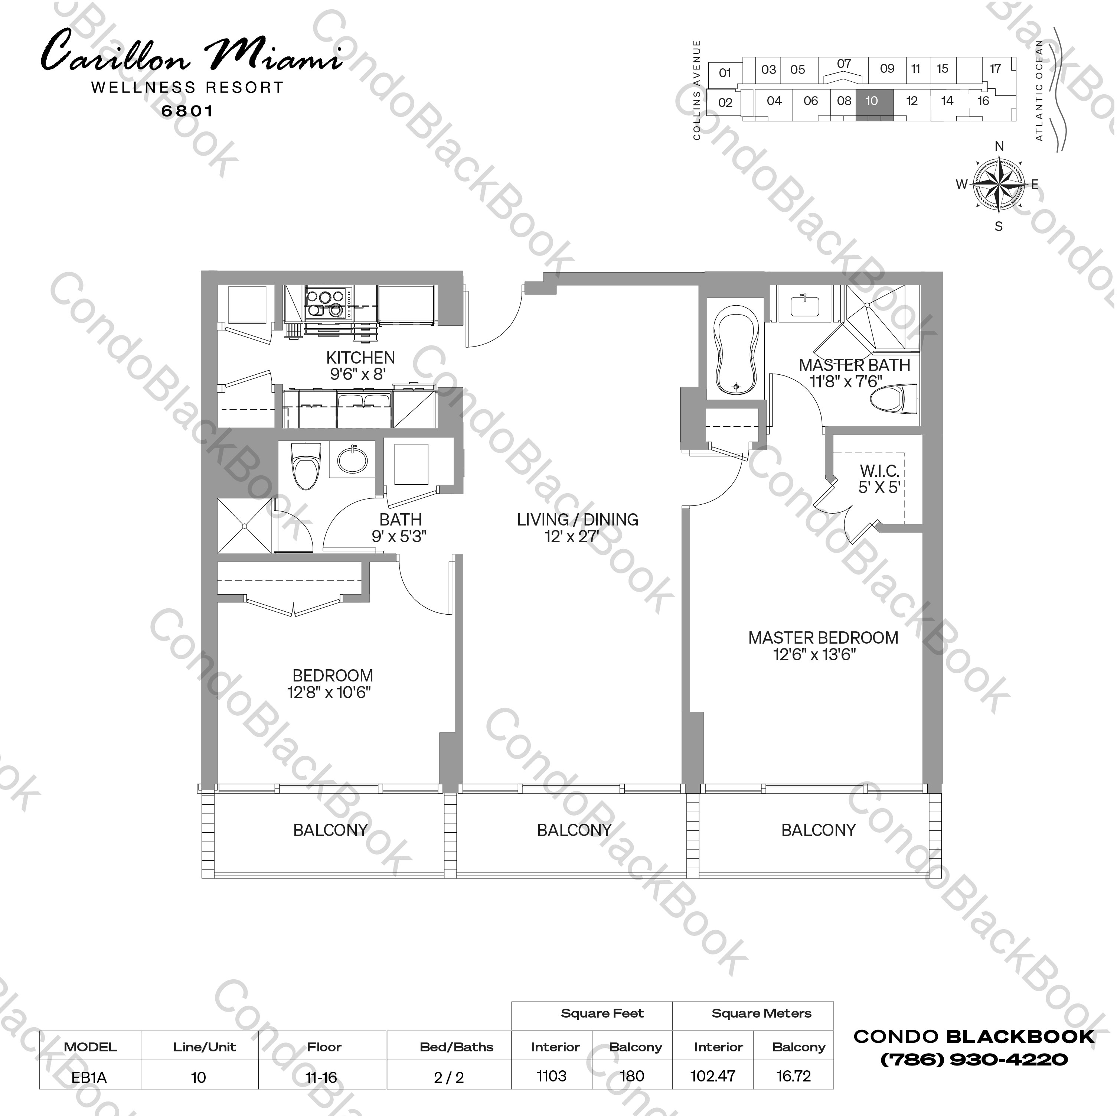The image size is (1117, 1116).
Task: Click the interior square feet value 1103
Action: point(552,1076)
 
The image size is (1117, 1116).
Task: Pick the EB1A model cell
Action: point(89,1077)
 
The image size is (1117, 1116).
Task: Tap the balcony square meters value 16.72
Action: point(793,1076)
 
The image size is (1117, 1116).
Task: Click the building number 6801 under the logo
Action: point(187,111)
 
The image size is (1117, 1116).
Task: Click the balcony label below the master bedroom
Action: point(818,830)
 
